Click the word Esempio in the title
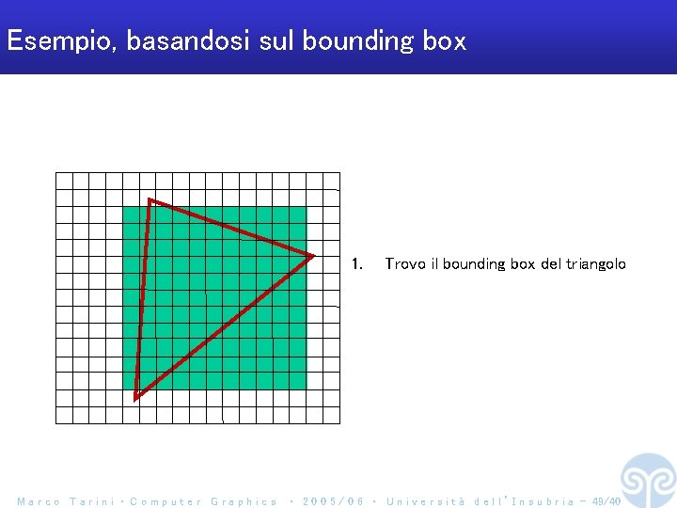coord(59,41)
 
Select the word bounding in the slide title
coord(358,41)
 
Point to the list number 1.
coord(356,264)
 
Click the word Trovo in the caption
coord(405,264)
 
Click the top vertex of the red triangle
coord(150,200)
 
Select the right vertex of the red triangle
coord(312,255)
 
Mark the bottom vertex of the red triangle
coord(136,398)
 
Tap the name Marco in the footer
coord(39,501)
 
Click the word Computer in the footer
coord(165,501)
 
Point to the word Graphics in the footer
coord(244,501)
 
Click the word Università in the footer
coord(426,501)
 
